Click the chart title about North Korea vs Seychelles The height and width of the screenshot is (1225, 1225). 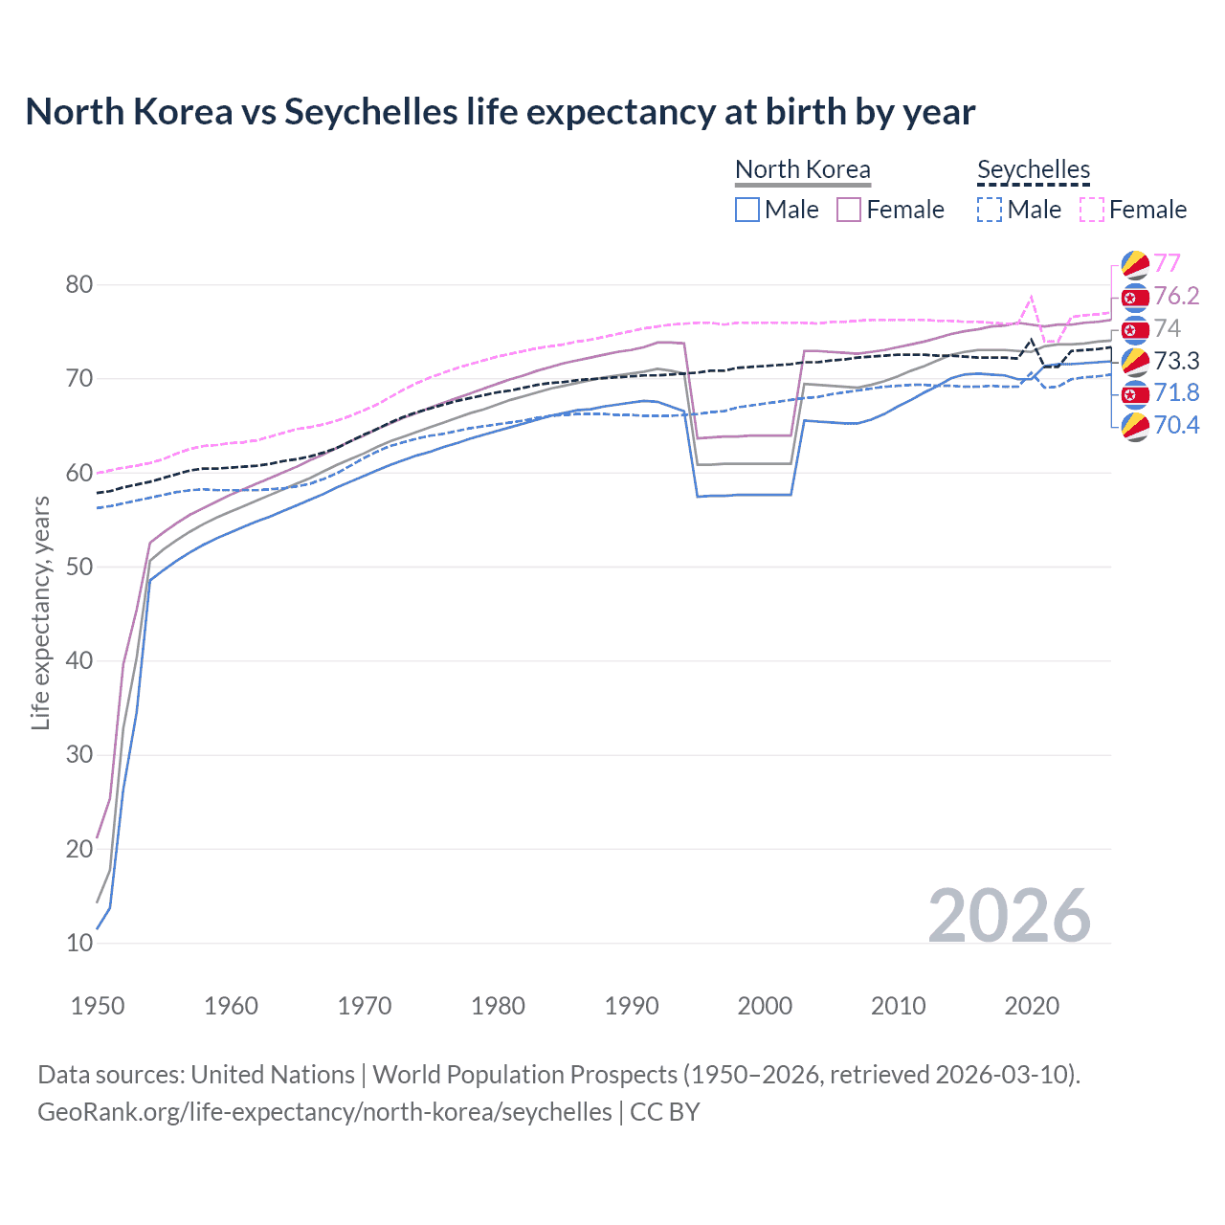pyautogui.click(x=500, y=112)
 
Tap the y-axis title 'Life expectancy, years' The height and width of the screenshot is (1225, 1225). pyautogui.click(x=40, y=612)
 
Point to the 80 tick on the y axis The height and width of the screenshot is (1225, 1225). pyautogui.click(x=79, y=284)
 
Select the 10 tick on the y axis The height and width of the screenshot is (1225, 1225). pyautogui.click(x=79, y=943)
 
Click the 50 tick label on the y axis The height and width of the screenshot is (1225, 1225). pyautogui.click(x=79, y=567)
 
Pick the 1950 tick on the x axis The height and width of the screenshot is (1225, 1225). pyautogui.click(x=98, y=1006)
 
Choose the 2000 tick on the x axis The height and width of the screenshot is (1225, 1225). pyautogui.click(x=765, y=1006)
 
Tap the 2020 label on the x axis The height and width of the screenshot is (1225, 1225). pyautogui.click(x=1032, y=1006)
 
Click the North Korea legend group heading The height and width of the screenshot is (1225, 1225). pyautogui.click(x=803, y=169)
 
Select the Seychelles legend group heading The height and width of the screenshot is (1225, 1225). pyautogui.click(x=1034, y=169)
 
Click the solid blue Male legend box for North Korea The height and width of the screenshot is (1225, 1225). pyautogui.click(x=747, y=210)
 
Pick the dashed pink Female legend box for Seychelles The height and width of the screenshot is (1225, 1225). pyautogui.click(x=1092, y=210)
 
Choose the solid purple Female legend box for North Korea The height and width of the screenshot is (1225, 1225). pyautogui.click(x=849, y=210)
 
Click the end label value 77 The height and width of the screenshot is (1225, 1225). pyautogui.click(x=1168, y=263)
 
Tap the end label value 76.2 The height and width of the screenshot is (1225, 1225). pyautogui.click(x=1176, y=296)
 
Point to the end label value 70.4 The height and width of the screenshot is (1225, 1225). pyautogui.click(x=1176, y=425)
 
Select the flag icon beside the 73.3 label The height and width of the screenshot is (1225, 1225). pyautogui.click(x=1135, y=361)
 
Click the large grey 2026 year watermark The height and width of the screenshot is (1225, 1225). pyautogui.click(x=1010, y=916)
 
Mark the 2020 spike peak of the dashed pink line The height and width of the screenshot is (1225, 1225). pyautogui.click(x=1031, y=297)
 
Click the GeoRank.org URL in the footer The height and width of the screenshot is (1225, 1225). pyautogui.click(x=324, y=1112)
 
